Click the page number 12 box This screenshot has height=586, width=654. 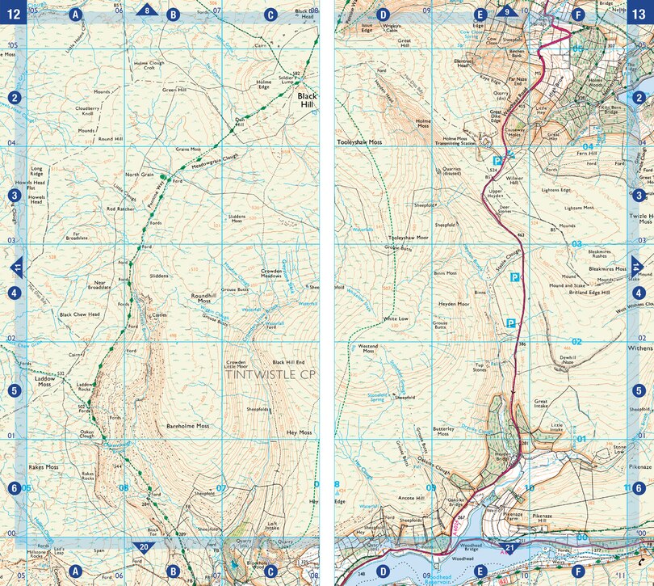click(x=13, y=13)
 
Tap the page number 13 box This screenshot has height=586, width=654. click(x=640, y=13)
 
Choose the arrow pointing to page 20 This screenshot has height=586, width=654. click(x=144, y=547)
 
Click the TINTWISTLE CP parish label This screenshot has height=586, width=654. click(x=268, y=375)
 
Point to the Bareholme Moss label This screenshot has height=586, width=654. click(x=187, y=425)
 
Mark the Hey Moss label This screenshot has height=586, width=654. click(x=299, y=433)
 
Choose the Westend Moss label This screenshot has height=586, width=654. click(x=367, y=348)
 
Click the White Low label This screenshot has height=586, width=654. click(x=396, y=318)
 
